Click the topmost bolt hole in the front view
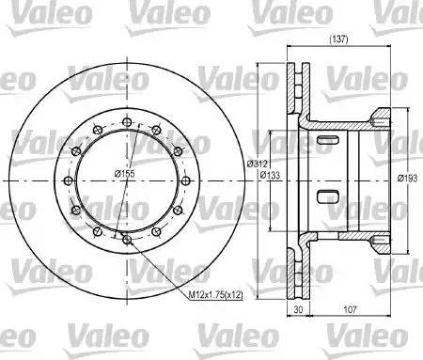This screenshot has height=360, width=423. pos(126,120)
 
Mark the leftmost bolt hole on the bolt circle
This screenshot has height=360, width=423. pos(67,180)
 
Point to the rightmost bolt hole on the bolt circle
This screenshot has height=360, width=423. pos(186,180)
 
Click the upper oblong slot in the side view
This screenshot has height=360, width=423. pos(328,141)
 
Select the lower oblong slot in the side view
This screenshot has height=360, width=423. pos(328,197)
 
